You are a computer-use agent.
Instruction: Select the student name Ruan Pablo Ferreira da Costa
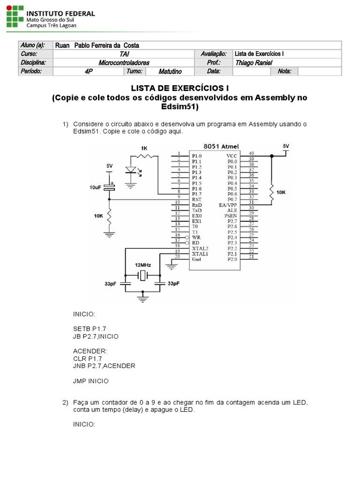tap(97, 45)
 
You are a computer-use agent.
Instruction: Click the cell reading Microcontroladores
tap(124, 63)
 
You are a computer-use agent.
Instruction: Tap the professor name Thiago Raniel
tap(254, 63)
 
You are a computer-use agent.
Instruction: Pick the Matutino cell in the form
tap(170, 72)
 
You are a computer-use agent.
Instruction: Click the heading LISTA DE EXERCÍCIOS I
tap(180, 88)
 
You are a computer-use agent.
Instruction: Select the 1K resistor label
tap(143, 148)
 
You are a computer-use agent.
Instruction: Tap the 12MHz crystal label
tap(142, 265)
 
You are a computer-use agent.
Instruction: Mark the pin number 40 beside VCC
tap(251, 153)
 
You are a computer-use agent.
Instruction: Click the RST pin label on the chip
tap(197, 200)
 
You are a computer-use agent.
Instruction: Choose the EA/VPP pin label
tap(228, 205)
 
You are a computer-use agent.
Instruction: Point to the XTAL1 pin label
tap(200, 254)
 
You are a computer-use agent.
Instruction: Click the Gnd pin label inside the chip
tap(197, 259)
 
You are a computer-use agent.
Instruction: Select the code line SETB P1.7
tap(93, 329)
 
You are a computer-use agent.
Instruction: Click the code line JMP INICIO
tap(90, 381)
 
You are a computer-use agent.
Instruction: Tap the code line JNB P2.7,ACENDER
tap(104, 366)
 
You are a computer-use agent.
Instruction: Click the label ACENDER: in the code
tap(90, 351)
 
